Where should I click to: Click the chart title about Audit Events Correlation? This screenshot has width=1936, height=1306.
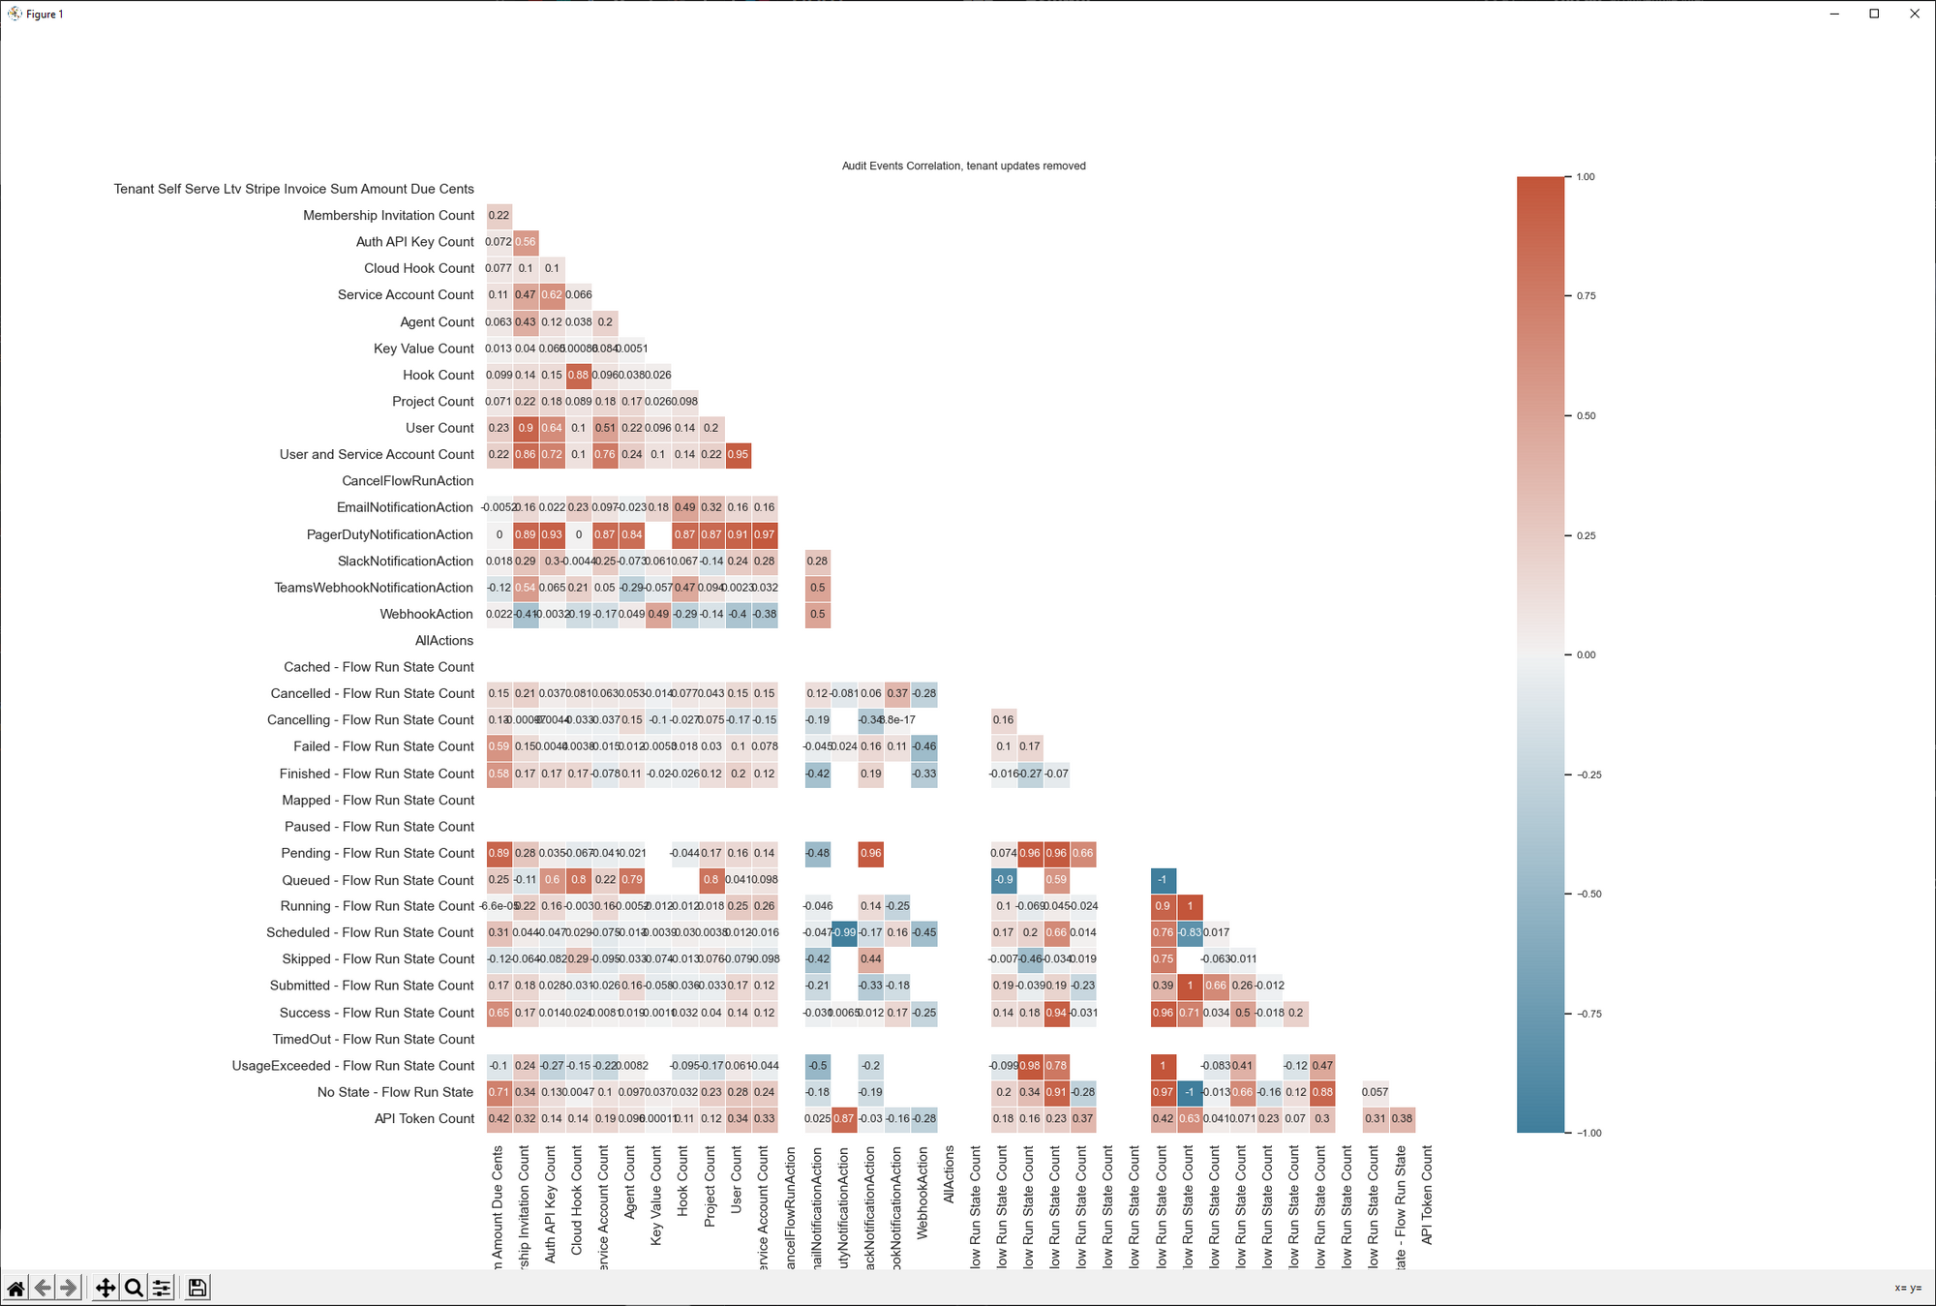(963, 166)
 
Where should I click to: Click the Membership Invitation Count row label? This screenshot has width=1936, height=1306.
(388, 215)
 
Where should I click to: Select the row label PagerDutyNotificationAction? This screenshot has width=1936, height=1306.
(389, 534)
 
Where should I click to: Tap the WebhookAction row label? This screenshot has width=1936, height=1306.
(426, 614)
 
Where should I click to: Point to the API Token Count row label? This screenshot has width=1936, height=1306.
(424, 1118)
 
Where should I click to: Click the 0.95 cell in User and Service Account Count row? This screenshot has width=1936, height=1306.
(738, 454)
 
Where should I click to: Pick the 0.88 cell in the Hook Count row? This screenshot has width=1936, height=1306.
(578, 375)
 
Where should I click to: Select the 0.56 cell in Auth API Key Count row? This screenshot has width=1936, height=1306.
(526, 242)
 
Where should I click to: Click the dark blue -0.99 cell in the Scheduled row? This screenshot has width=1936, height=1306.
(844, 932)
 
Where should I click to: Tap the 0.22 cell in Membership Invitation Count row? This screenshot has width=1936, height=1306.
(499, 215)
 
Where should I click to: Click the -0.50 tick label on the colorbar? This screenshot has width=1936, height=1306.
(1588, 894)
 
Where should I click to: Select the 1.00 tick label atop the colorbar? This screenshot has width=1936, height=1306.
(1586, 177)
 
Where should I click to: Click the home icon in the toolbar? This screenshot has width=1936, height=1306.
(16, 1288)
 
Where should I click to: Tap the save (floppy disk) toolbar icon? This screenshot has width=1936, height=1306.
(197, 1288)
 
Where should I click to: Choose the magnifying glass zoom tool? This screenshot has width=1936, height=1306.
(134, 1288)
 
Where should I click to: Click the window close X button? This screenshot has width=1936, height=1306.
(1914, 14)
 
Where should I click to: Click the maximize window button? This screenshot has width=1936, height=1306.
(1874, 14)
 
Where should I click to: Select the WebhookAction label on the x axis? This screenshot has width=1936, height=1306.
(923, 1193)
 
